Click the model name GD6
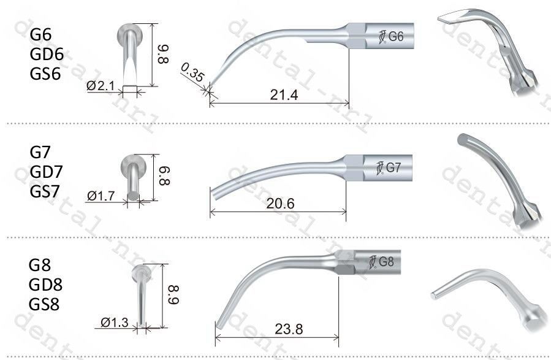[x=47, y=54]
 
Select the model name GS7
[x=45, y=191]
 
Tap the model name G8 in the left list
[x=40, y=265]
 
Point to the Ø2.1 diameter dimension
[x=101, y=85]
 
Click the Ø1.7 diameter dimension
[x=101, y=196]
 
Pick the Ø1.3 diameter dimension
[x=114, y=322]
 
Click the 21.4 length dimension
[x=284, y=95]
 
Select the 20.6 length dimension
[x=280, y=204]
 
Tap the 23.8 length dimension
[x=289, y=329]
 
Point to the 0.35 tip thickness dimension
[x=192, y=72]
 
